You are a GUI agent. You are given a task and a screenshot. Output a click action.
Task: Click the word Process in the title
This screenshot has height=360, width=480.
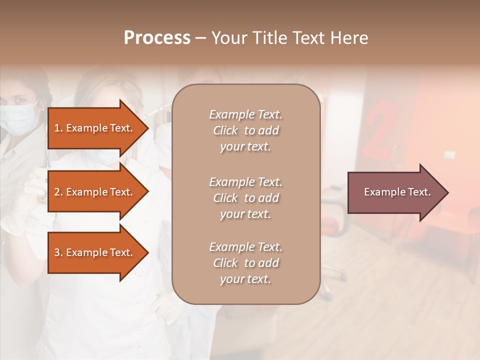coord(157,38)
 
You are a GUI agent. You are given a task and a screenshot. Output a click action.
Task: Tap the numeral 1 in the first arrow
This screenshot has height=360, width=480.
coord(56,128)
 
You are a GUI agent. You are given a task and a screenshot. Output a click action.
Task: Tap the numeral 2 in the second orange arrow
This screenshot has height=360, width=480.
coord(57,192)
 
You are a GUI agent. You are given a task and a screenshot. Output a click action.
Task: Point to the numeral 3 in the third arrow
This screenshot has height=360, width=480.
coord(57,252)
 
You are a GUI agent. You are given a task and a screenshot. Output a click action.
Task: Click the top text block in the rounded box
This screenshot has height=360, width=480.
coord(245,130)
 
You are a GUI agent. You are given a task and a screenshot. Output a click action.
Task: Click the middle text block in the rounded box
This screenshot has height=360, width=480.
coord(245,198)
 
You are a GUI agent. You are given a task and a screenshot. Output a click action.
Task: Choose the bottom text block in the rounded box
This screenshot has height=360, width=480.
coord(245,263)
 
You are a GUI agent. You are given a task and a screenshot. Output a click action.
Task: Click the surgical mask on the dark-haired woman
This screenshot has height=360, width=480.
coord(17,119)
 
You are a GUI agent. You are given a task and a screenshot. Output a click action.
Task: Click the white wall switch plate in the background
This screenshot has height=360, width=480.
coord(449,154)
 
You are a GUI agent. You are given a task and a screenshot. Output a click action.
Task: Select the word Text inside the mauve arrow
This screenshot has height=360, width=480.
coord(420,192)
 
